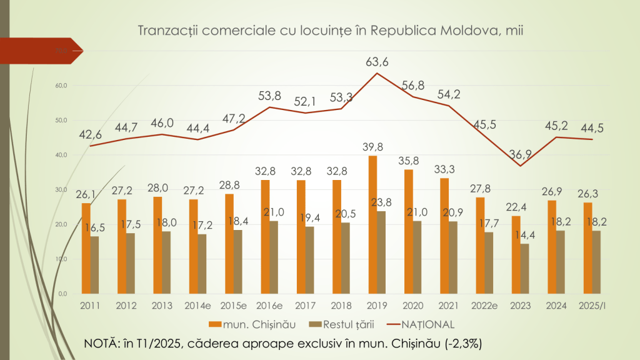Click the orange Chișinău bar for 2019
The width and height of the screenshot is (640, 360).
coord(372,225)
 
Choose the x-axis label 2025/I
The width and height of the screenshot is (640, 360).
coord(591,306)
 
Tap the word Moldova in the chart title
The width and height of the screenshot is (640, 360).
coord(464,31)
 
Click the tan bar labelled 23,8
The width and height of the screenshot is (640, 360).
coord(381,252)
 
